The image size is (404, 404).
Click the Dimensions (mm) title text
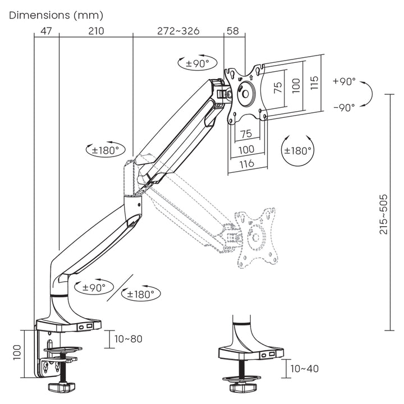click(x=56, y=15)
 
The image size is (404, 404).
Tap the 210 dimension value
click(x=96, y=31)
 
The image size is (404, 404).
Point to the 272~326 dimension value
click(x=178, y=31)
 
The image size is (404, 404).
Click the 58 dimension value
click(x=235, y=31)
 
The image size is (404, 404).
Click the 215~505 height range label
click(x=383, y=214)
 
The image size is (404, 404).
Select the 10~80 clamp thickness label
click(x=128, y=339)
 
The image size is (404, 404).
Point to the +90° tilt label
click(x=344, y=81)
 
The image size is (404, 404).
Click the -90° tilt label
click(x=344, y=107)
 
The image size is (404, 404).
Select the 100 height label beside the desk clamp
click(x=17, y=352)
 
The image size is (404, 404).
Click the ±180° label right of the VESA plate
click(x=297, y=150)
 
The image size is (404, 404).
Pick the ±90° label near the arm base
click(x=94, y=287)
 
